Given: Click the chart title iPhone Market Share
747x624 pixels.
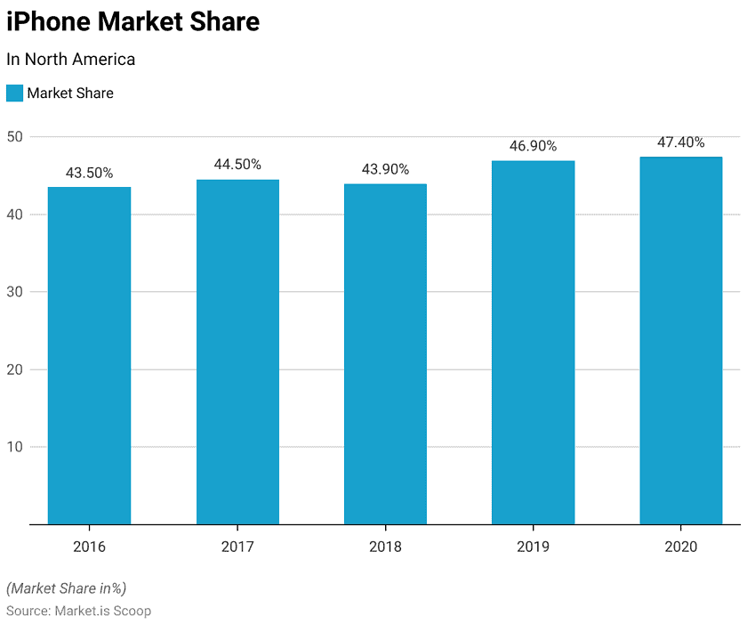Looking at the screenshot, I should [x=133, y=21].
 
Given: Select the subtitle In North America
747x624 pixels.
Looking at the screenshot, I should [x=71, y=60].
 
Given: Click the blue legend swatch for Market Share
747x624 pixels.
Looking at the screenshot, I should [x=14, y=93].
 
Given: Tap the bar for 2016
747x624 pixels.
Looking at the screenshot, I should [x=89, y=356].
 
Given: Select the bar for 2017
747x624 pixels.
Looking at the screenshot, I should [x=237, y=353].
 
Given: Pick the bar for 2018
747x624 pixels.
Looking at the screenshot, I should [x=385, y=354].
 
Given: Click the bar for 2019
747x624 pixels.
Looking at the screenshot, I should [x=533, y=343].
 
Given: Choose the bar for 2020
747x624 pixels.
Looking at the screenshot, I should [x=680, y=341].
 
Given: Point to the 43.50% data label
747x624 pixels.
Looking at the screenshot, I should [x=89, y=174].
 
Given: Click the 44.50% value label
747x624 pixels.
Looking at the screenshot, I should [x=237, y=165].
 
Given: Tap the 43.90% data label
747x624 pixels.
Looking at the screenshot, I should [x=385, y=169].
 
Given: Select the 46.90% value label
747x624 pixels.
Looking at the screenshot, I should [x=533, y=146].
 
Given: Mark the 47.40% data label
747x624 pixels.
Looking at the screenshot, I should [x=680, y=142].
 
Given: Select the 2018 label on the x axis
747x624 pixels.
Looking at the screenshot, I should [x=385, y=547].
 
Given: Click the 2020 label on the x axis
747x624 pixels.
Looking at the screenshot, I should [x=680, y=547].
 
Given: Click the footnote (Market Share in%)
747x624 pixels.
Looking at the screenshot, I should [x=67, y=588].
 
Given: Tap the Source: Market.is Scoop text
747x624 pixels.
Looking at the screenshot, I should [x=78, y=611].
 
